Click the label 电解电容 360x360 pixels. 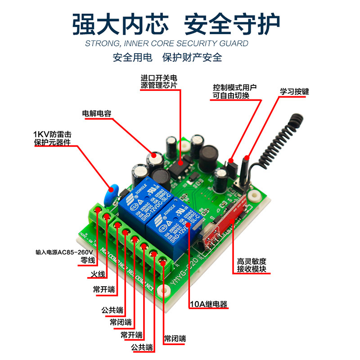96,113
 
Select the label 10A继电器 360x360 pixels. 208,305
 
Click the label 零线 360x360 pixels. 88,261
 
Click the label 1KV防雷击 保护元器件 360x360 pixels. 52,139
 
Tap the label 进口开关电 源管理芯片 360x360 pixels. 159,81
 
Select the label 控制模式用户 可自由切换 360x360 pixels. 234,92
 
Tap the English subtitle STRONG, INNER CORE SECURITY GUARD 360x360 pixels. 166,44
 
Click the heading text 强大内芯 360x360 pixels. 120,23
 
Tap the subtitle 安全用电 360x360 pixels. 133,58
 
